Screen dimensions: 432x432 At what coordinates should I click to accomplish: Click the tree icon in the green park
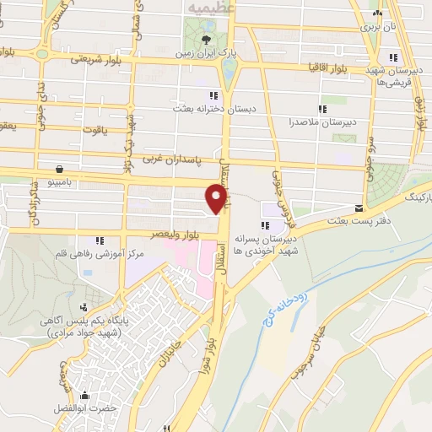point(207,37)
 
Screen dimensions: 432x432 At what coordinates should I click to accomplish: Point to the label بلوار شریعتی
point(97,59)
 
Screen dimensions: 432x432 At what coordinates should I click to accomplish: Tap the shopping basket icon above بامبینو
point(58,168)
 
